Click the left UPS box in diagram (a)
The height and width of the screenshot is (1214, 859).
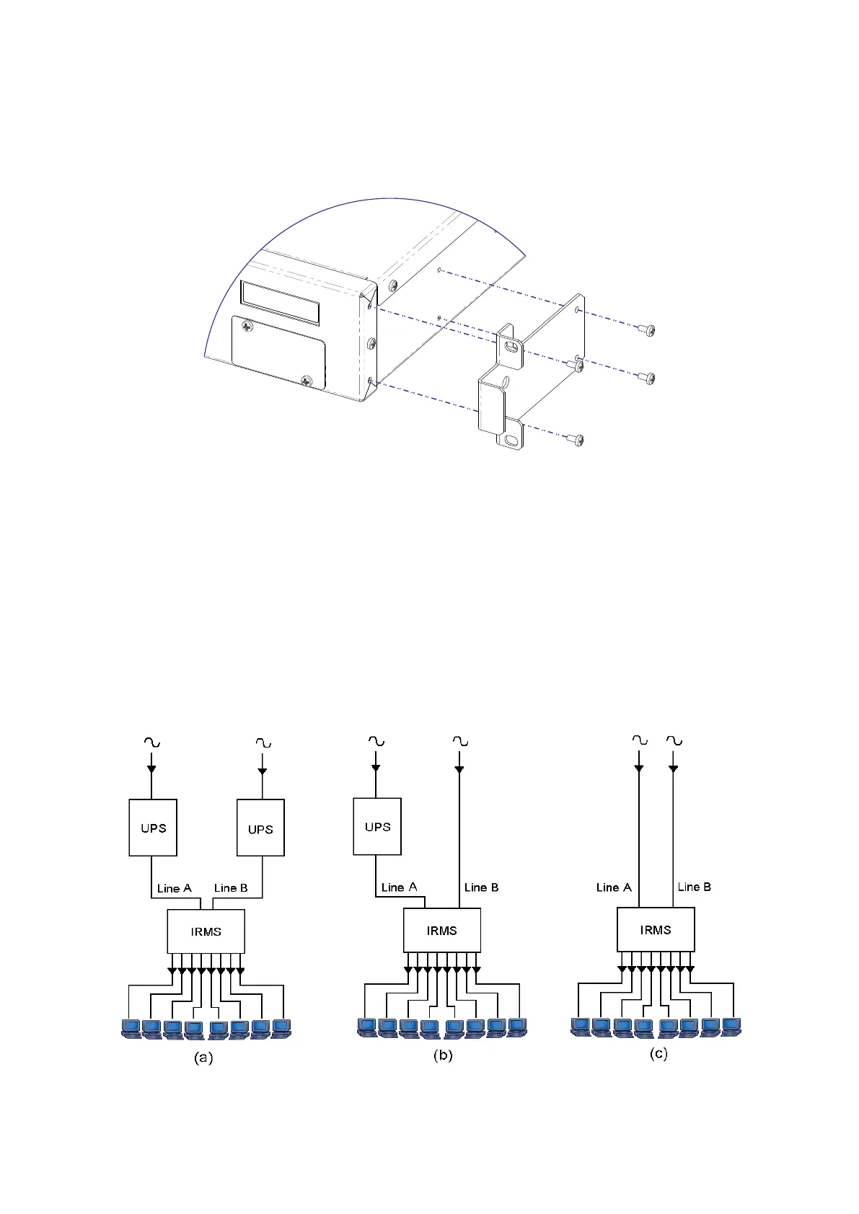153,828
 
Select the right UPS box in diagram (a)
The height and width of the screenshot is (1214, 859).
260,828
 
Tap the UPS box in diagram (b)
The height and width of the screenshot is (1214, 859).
377,826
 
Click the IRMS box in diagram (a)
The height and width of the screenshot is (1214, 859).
206,931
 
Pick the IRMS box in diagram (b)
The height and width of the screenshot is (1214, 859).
441,930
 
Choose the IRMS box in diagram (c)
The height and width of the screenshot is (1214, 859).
656,929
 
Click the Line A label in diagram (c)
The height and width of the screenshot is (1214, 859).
614,887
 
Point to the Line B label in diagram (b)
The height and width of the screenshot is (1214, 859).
481,887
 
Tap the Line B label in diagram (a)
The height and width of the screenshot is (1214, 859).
231,888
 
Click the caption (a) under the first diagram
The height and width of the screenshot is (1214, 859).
203,1058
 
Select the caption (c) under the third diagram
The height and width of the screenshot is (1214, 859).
658,1053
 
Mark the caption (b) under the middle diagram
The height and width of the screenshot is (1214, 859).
443,1055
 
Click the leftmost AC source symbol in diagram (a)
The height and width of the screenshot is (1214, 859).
151,743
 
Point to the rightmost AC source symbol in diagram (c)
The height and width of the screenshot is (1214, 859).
674,740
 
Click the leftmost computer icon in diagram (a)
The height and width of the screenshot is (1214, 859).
131,1028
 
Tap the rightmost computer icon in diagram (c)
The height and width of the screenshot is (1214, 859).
732,1027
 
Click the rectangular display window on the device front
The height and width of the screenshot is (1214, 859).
280,302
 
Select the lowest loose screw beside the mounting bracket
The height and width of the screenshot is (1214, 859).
575,439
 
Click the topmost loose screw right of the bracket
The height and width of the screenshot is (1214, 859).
646,330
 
